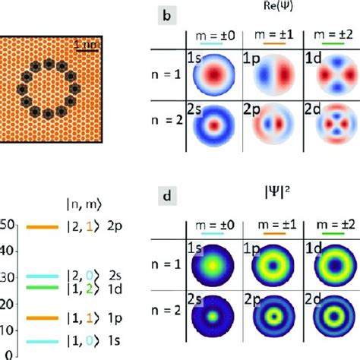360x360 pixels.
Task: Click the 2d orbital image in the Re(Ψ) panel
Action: [323, 141]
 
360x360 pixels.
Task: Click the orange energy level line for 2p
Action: [41, 227]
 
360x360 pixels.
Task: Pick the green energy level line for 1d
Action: [41, 287]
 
